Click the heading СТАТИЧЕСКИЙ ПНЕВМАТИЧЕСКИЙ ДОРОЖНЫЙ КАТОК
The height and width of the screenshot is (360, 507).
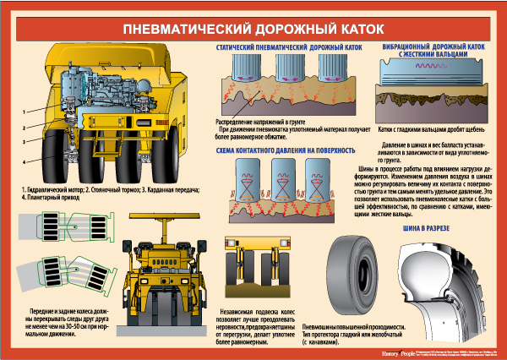pos(289,48)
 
